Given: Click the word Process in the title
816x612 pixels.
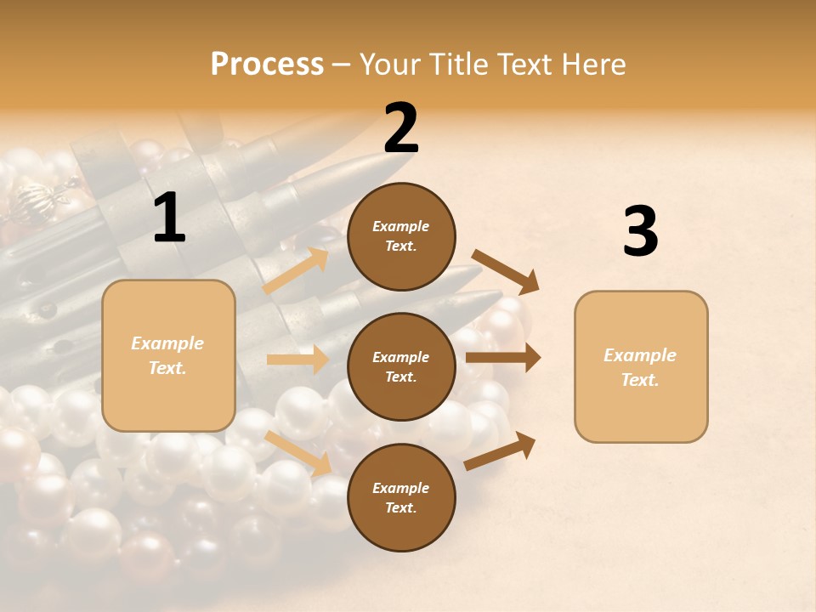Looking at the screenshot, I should click(x=267, y=65).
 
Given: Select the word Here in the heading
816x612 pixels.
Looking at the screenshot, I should click(x=592, y=65).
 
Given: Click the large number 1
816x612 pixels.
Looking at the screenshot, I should click(x=169, y=218).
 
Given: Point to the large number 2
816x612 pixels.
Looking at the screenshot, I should click(x=401, y=128).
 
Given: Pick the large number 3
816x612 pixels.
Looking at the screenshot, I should click(x=640, y=232).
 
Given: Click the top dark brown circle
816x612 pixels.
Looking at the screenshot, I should click(x=401, y=236).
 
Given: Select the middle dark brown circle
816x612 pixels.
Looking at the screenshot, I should click(x=401, y=366).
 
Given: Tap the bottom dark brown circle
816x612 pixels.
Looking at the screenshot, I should click(x=401, y=497).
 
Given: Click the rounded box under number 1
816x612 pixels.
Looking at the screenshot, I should click(x=168, y=355).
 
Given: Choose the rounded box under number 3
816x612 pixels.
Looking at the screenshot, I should click(x=641, y=367).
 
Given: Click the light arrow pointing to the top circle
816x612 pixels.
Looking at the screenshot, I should click(x=297, y=270).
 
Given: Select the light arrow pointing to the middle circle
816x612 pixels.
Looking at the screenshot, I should click(x=298, y=360).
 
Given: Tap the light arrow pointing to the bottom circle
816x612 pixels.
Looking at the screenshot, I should click(x=298, y=453).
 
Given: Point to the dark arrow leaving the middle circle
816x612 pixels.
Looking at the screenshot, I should click(x=503, y=358).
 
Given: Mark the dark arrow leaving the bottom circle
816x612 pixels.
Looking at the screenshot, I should click(x=501, y=450).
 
